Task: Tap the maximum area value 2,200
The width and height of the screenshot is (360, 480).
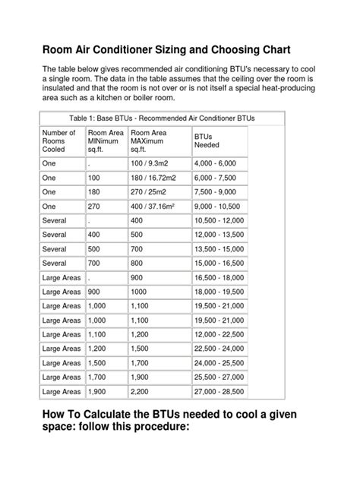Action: tap(141, 391)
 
